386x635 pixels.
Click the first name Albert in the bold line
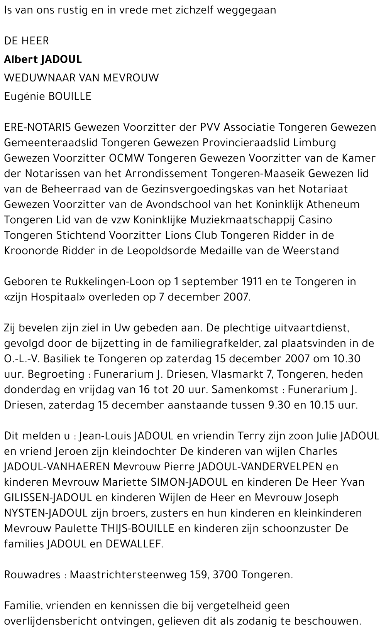click(x=20, y=59)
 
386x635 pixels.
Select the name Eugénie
click(x=24, y=96)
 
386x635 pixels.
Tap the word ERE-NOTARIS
click(x=37, y=127)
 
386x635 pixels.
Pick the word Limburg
click(x=315, y=143)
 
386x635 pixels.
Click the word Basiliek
click(x=61, y=359)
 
